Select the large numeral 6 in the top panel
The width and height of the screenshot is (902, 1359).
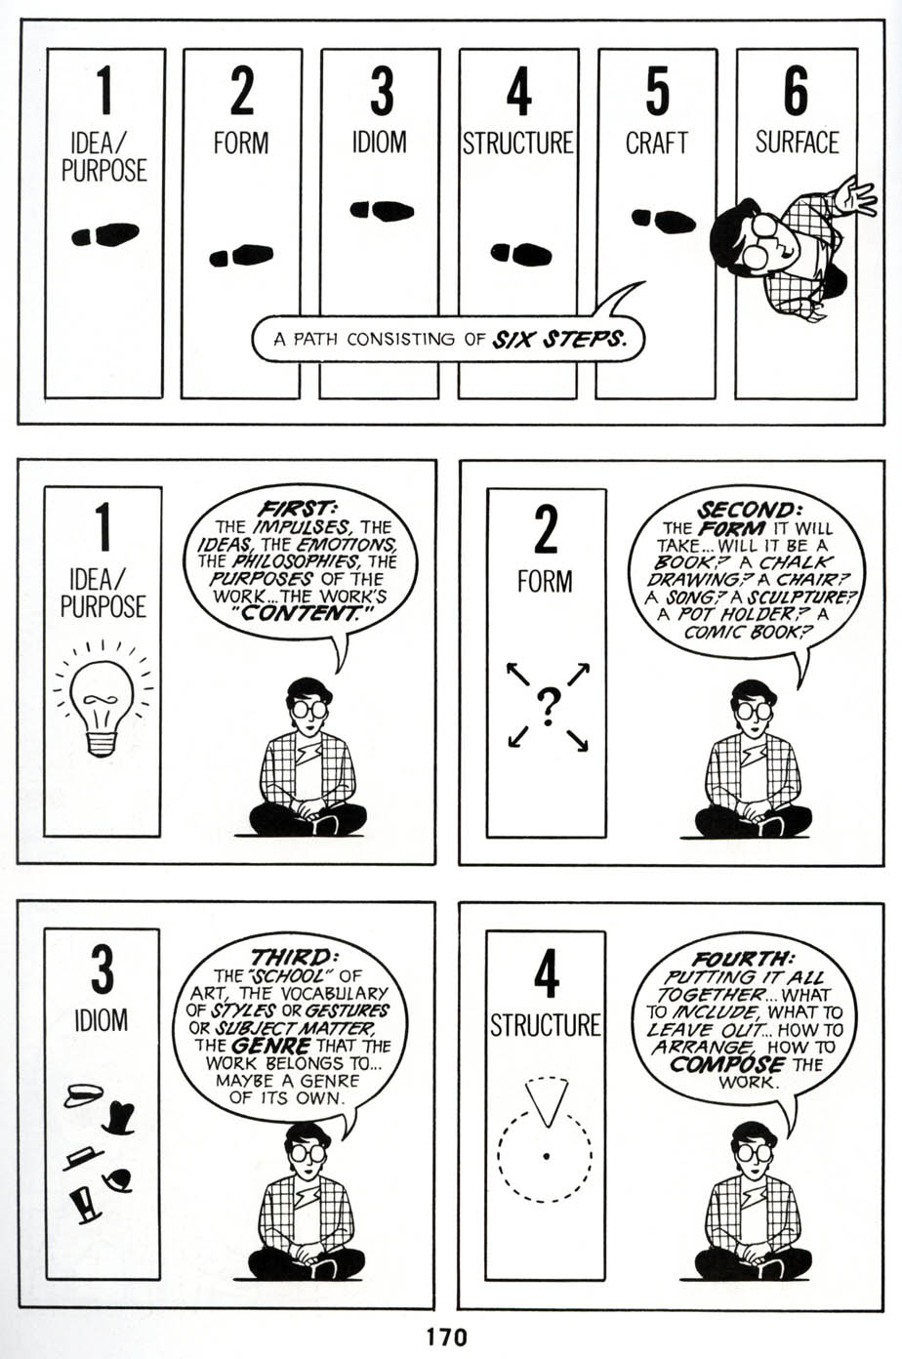[x=796, y=93]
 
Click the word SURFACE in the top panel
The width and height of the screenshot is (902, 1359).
[x=796, y=143]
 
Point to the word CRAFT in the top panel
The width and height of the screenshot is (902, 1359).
[x=657, y=143]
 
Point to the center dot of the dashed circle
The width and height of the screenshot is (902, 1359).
[x=546, y=1157]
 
